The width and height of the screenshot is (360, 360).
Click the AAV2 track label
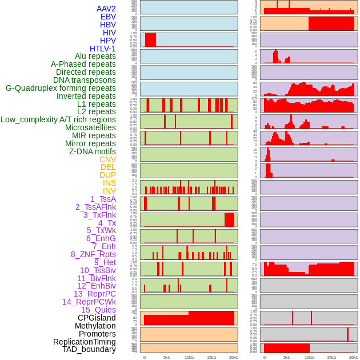tap(106, 9)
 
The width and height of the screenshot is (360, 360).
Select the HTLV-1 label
tap(103, 49)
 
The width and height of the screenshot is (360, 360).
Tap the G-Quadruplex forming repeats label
tap(61, 88)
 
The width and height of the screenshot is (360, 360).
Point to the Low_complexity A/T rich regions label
tap(58, 119)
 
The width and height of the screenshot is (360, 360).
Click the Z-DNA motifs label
tap(93, 151)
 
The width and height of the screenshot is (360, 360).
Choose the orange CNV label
tap(107, 159)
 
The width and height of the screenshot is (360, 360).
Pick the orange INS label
tap(109, 183)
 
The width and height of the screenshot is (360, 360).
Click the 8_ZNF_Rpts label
tap(93, 254)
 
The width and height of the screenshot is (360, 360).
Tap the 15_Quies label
tap(98, 310)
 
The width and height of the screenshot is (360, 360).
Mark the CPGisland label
tap(97, 318)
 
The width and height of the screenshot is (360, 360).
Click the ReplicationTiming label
tap(85, 342)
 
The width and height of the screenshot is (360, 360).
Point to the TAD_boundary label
tap(89, 349)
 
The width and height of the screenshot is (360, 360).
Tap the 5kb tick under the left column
tap(167, 357)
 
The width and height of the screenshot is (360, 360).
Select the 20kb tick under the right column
tap(354, 357)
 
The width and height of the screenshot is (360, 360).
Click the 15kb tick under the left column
tap(211, 357)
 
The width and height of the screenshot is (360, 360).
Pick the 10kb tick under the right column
tap(309, 357)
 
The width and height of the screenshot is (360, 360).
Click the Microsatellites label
tap(90, 127)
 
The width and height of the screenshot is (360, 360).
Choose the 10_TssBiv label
tap(98, 270)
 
